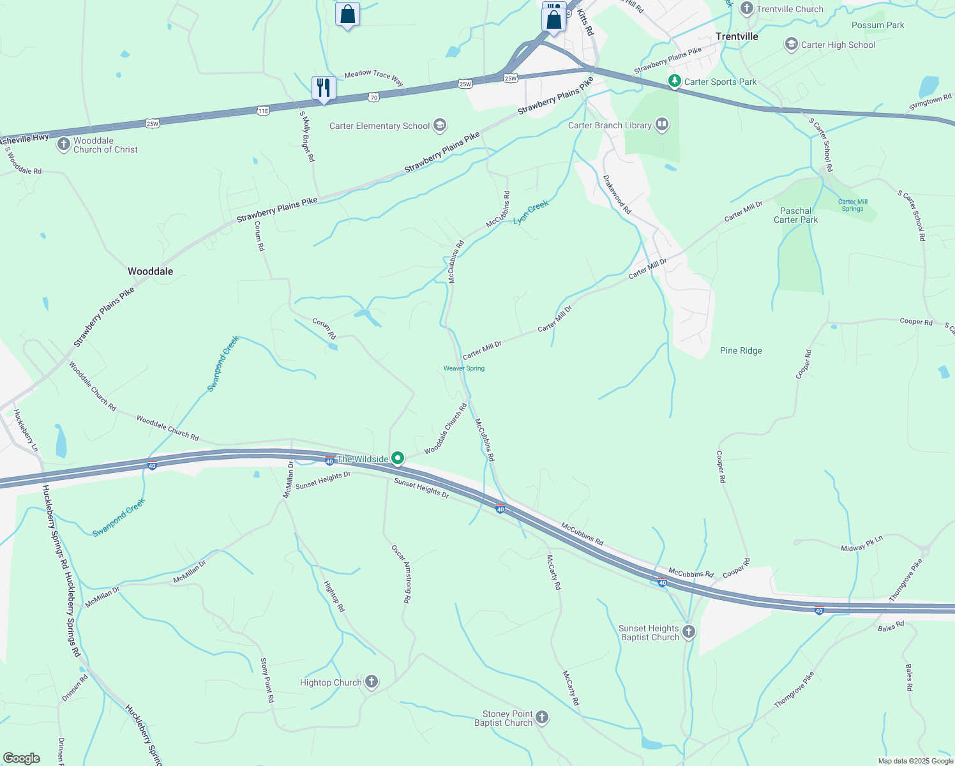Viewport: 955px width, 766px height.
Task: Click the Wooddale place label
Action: (x=150, y=271)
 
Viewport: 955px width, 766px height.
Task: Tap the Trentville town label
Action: (x=737, y=36)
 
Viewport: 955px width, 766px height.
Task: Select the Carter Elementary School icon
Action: (x=439, y=125)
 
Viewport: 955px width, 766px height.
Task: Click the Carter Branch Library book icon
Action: (x=662, y=124)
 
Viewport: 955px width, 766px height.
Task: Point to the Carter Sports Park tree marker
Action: (x=674, y=81)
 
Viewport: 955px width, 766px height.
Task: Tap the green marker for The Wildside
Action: (x=398, y=458)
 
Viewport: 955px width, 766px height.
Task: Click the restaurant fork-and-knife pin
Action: (x=324, y=87)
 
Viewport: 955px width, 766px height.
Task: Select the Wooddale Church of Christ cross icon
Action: (x=63, y=144)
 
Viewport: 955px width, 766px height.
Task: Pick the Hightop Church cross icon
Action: (x=372, y=682)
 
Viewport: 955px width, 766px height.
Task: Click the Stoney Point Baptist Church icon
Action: (x=541, y=718)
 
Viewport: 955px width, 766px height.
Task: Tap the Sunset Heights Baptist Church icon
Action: (x=688, y=632)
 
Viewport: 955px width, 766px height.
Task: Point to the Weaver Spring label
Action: (x=464, y=368)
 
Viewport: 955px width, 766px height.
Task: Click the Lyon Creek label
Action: (x=531, y=212)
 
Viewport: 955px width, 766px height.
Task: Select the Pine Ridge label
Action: (x=741, y=350)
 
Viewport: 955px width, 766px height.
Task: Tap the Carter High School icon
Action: (x=792, y=44)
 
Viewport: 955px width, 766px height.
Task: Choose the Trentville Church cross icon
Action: (x=747, y=8)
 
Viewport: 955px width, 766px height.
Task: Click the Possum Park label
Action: (x=878, y=25)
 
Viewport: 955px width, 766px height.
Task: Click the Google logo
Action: (x=22, y=758)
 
